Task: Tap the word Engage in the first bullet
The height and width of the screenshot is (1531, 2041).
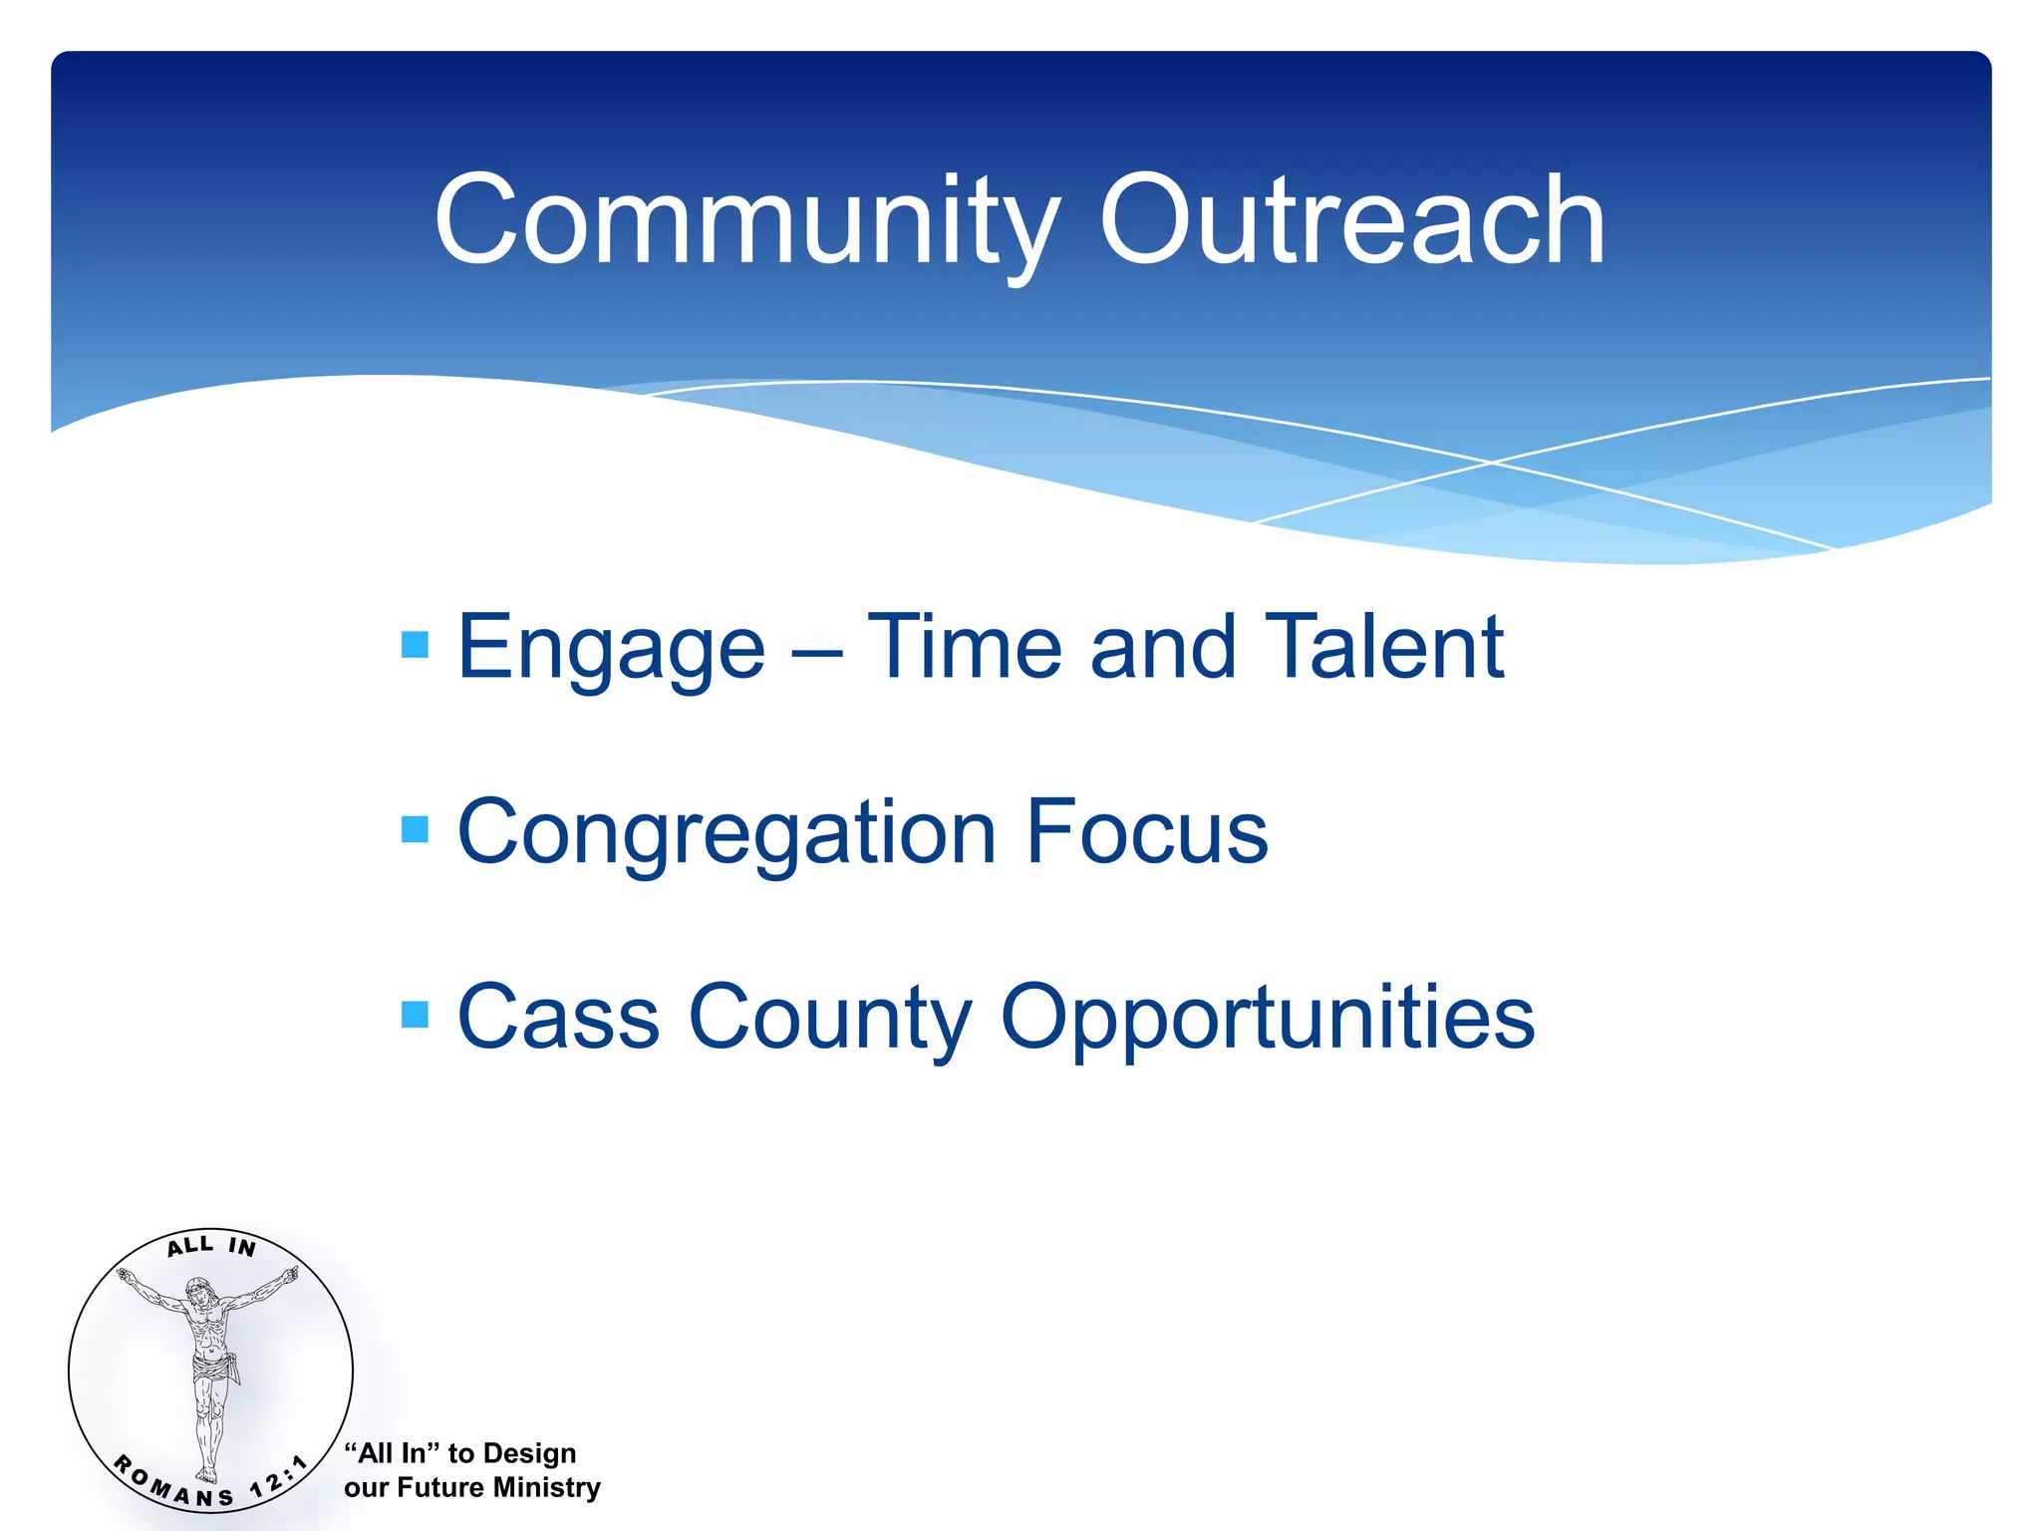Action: coord(610,650)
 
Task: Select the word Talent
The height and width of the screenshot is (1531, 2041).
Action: coord(1384,648)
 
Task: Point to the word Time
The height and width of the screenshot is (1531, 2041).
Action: coord(964,648)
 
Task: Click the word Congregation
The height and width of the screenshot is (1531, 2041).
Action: coord(727,834)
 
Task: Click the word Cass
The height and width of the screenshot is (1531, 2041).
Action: coord(558,1018)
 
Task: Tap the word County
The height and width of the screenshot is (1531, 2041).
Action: coord(829,1020)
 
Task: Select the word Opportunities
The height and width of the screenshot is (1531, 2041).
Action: coord(1267,1020)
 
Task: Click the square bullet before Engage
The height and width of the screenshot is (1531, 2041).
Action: coord(415,645)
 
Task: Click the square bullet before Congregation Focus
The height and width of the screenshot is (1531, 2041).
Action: coord(415,829)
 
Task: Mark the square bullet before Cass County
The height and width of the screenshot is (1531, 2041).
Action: coord(415,1015)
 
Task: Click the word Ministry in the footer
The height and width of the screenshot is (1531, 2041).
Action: coord(547,1487)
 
